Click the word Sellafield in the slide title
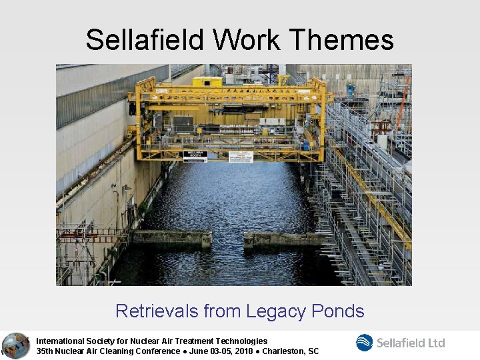coord(145,40)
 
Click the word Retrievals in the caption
coord(157,311)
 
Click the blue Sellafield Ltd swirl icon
coord(365,343)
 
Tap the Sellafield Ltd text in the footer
coord(411,343)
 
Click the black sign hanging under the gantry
coord(195,156)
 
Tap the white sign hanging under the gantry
coord(241,157)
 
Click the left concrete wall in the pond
coord(171,239)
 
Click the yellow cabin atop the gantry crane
coord(207,82)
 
